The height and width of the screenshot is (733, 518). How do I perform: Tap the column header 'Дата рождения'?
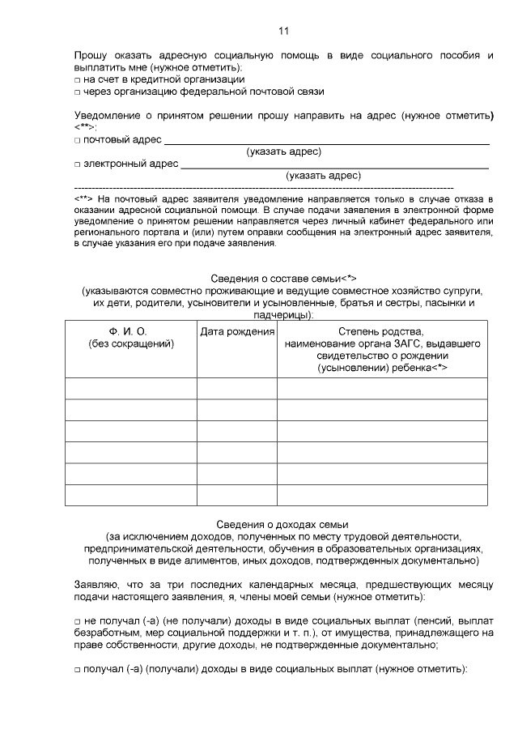coord(237,332)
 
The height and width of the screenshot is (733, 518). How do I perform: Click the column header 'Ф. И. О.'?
coord(130,332)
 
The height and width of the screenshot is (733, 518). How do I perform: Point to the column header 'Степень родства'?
coord(382,332)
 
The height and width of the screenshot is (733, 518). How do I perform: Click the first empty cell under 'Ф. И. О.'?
coord(130,389)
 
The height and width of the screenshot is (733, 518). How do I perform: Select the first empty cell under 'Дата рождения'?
coord(237,389)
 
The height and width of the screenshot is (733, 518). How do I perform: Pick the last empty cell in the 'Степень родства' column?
coord(382,494)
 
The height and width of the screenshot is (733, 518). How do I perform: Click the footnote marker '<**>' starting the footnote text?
coord(83,198)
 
